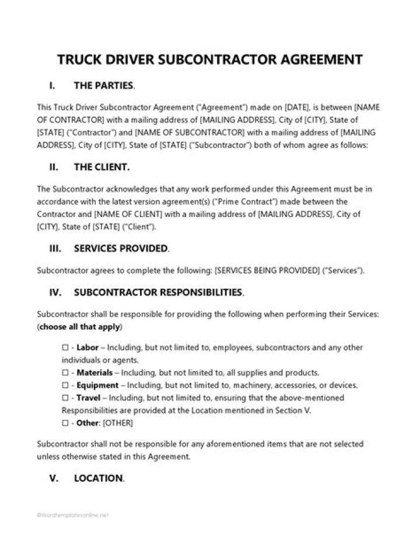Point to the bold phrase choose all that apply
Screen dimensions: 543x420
click(x=79, y=327)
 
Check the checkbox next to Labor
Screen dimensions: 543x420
click(x=65, y=348)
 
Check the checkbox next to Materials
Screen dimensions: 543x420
click(x=65, y=372)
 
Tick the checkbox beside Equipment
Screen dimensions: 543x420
click(x=65, y=385)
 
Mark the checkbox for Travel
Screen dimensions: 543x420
click(x=65, y=398)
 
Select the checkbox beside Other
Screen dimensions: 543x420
click(x=65, y=422)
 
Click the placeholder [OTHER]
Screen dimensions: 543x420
click(x=117, y=423)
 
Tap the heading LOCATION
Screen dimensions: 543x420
click(x=99, y=478)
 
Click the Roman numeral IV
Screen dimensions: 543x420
click(x=55, y=291)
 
